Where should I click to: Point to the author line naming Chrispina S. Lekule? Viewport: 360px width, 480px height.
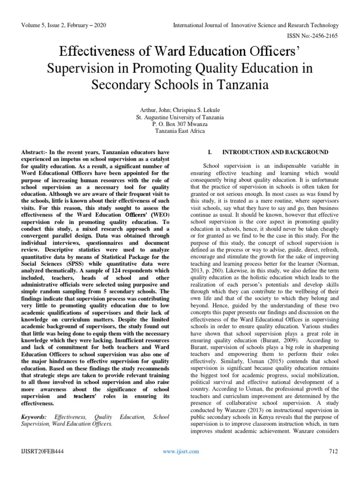tap(180, 109)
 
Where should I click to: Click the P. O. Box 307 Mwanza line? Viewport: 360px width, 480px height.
tap(180, 124)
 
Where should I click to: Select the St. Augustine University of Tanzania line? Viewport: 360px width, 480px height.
tap(180, 116)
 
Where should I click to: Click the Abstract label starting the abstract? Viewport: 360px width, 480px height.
tap(35, 153)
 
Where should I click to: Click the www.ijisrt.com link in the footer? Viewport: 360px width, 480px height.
tap(180, 451)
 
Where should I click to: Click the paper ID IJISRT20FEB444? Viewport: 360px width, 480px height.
tap(42, 451)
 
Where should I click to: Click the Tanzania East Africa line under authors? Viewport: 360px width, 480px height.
tap(180, 131)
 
